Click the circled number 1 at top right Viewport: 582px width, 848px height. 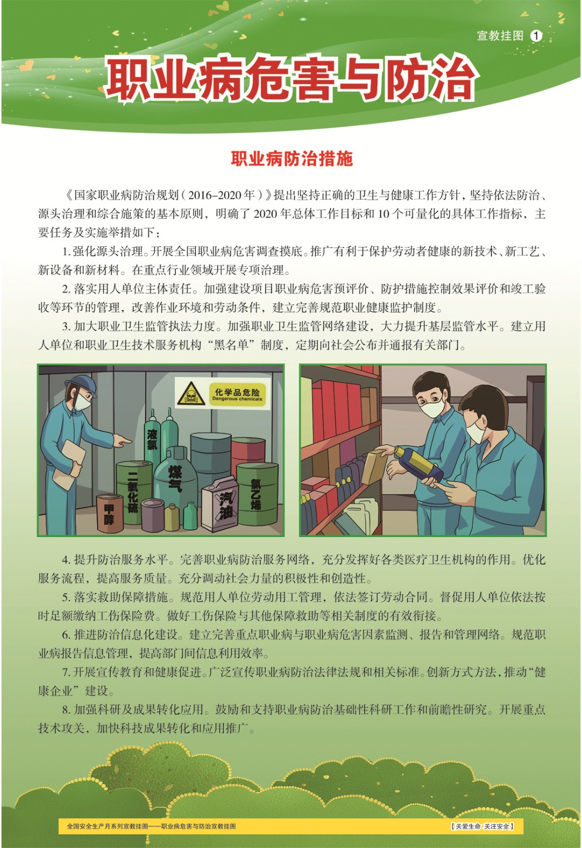pos(536,36)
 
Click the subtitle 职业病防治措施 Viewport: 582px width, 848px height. pos(292,158)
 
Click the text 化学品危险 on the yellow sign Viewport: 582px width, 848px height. pos(237,392)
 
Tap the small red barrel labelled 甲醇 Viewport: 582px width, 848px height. pos(109,513)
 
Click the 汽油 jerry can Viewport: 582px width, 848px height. pos(222,503)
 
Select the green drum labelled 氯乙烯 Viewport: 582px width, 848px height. pos(257,493)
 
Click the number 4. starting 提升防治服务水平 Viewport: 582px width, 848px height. pos(66,560)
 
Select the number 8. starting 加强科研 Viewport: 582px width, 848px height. pos(66,710)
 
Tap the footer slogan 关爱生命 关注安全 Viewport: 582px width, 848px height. pos(482,826)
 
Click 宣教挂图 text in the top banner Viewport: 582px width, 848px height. pos(500,36)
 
